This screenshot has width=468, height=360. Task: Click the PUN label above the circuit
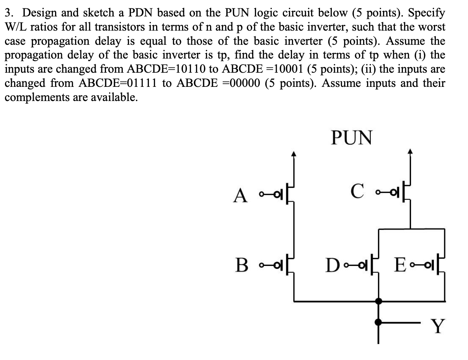click(351, 137)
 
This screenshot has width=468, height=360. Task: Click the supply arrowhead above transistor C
click(411, 152)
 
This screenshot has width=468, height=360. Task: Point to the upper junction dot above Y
click(379, 301)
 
